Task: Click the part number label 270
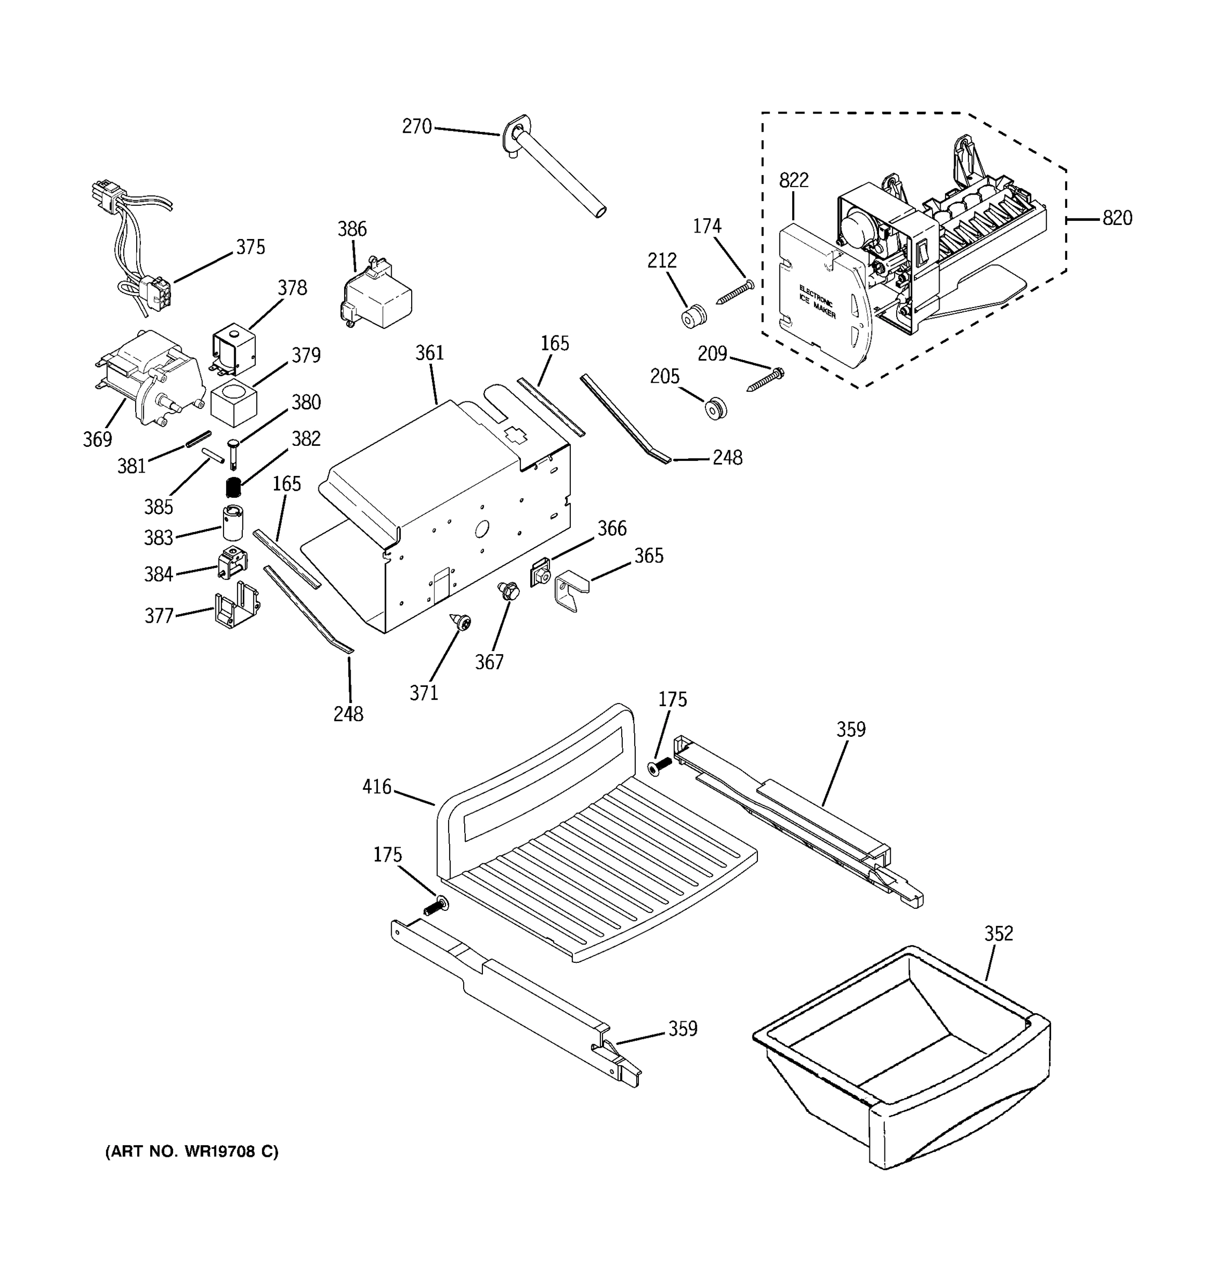pyautogui.click(x=416, y=127)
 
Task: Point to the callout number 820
pyautogui.click(x=1116, y=219)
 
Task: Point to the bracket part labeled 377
pyautogui.click(x=236, y=609)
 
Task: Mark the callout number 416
pyautogui.click(x=377, y=787)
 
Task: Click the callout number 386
pyautogui.click(x=352, y=229)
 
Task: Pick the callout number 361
pyautogui.click(x=430, y=353)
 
